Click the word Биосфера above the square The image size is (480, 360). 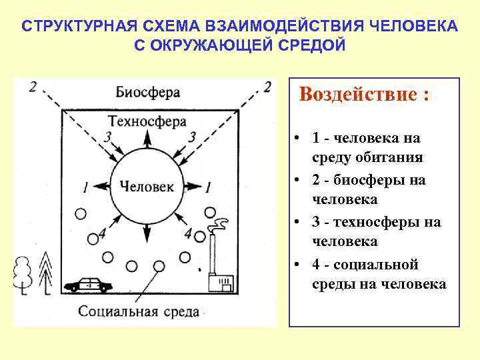[x=147, y=91]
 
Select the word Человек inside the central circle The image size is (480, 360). [x=147, y=187]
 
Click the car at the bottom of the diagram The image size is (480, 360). [x=89, y=284]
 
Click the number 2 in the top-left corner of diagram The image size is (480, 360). [x=33, y=87]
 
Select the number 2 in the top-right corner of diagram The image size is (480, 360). [x=267, y=87]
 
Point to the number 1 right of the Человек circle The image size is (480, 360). [x=209, y=187]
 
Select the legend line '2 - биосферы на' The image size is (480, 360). [x=368, y=180]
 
